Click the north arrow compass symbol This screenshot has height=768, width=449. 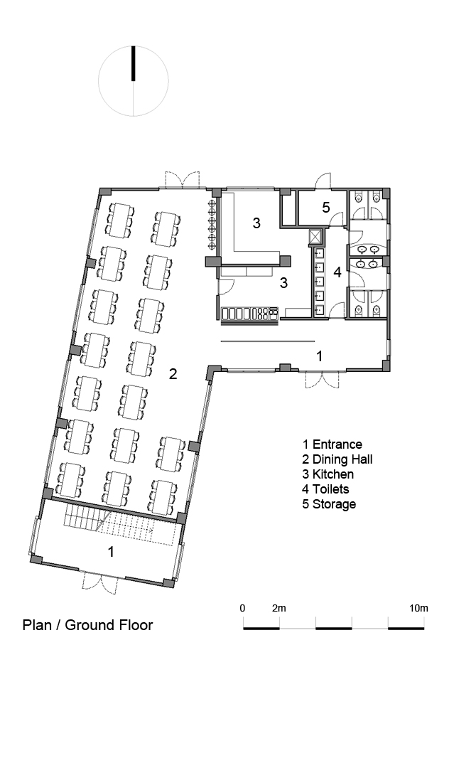pos(134,81)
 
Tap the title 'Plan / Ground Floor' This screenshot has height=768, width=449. pos(87,625)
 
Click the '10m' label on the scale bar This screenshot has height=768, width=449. pos(418,608)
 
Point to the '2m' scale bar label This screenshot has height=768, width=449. pos(278,608)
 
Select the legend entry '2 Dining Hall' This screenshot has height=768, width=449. pos(337,459)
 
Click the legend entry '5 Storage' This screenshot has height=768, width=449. pos(329,504)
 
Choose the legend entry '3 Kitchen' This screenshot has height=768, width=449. pos(328,474)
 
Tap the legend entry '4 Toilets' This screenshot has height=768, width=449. pos(325,489)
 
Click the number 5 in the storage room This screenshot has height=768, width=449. pos(326,208)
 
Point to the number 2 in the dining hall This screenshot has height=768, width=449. pos(173,374)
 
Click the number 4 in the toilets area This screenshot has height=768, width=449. pos(337,272)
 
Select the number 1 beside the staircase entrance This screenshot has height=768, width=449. pos(111,552)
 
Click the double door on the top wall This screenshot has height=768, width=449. pos(183,180)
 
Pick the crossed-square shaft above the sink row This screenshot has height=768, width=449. pos(315,237)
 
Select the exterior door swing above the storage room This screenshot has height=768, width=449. pos(323,181)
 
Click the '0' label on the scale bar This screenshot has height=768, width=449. pos(242,608)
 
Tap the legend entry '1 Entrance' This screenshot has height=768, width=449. pos(332,444)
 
